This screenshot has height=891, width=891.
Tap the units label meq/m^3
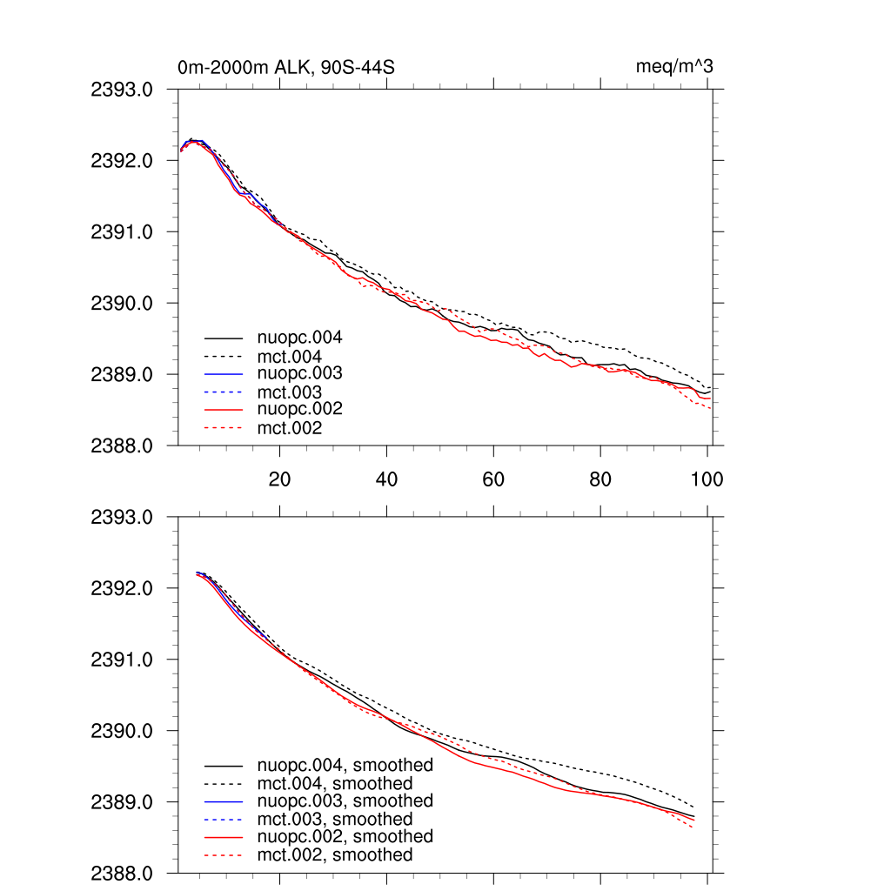[675, 67]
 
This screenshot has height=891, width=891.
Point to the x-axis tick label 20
[279, 479]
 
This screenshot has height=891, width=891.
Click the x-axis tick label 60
[493, 479]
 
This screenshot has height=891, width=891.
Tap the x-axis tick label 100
[706, 479]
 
